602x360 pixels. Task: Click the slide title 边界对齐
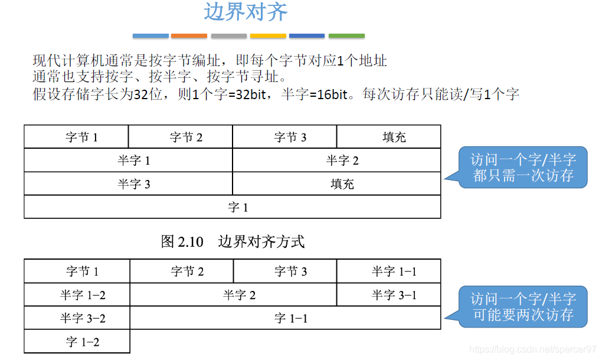[x=246, y=12]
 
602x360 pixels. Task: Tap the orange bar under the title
[x=189, y=36]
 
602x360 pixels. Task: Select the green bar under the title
[x=346, y=36]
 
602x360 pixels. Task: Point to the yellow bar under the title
[x=268, y=36]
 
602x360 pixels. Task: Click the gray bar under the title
[x=229, y=36]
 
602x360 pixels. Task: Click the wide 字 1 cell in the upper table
[x=233, y=207]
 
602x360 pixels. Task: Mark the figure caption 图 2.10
[x=182, y=241]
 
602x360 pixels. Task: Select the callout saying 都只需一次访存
[x=523, y=168]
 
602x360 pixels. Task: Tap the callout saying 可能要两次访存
[x=523, y=306]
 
